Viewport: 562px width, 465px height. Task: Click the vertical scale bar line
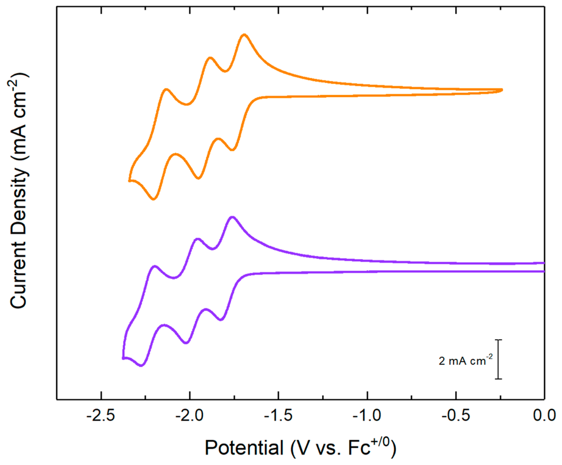pyautogui.click(x=498, y=359)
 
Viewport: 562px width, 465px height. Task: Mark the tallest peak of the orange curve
pyautogui.click(x=244, y=35)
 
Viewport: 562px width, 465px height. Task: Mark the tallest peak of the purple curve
pyautogui.click(x=232, y=217)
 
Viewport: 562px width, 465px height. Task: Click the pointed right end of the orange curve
pyautogui.click(x=502, y=90)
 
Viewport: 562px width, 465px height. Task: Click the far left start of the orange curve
pyautogui.click(x=129, y=181)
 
